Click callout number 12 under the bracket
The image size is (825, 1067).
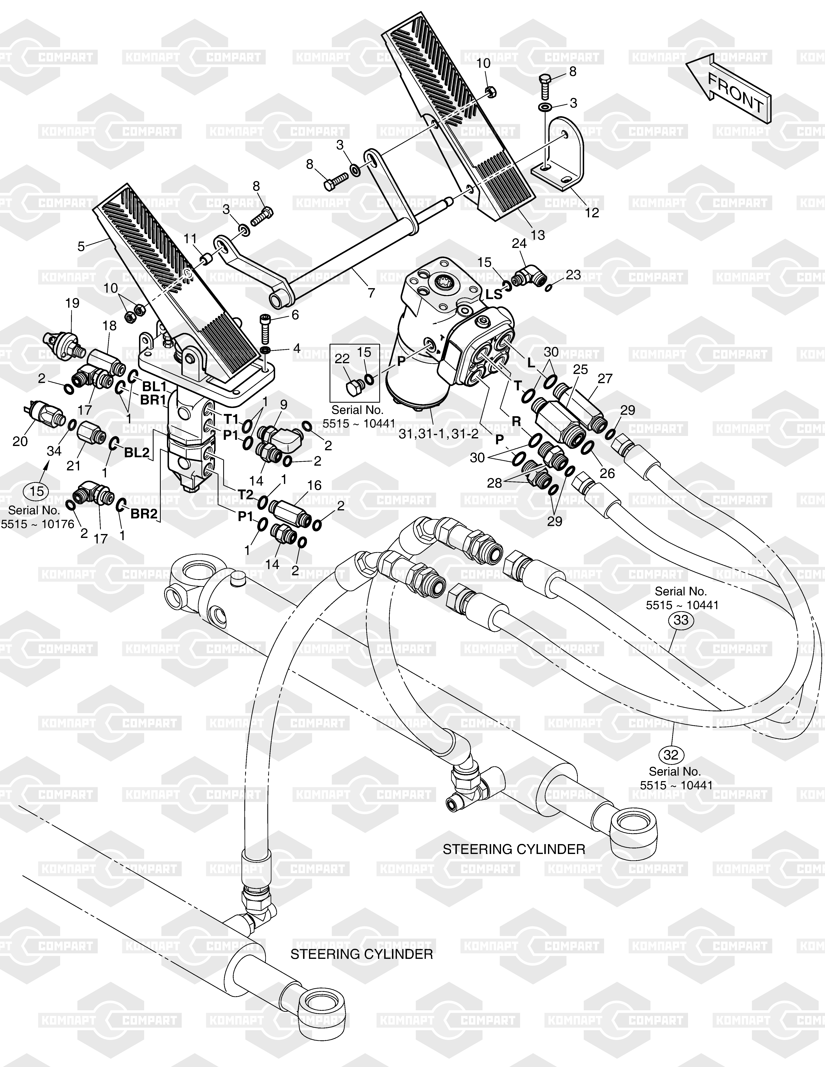click(x=592, y=213)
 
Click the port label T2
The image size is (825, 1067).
click(x=245, y=494)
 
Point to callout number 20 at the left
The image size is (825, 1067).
click(x=20, y=441)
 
